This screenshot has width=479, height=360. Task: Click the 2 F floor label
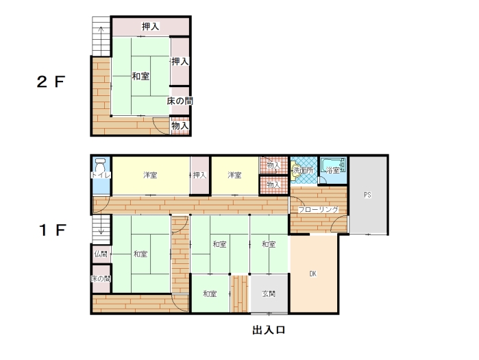click(x=51, y=82)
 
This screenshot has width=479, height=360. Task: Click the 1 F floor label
click(x=53, y=230)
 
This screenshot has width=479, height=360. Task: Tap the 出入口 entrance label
click(x=269, y=330)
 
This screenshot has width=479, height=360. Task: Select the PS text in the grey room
click(x=367, y=195)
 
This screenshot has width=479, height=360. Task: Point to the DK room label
click(x=312, y=274)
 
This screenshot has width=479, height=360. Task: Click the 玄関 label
click(x=269, y=293)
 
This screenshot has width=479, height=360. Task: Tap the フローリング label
click(x=318, y=210)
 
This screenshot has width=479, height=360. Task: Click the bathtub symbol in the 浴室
click(x=333, y=167)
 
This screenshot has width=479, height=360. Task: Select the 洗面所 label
click(x=303, y=170)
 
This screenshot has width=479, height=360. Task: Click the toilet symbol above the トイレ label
click(x=100, y=167)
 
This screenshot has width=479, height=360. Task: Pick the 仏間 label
click(x=101, y=254)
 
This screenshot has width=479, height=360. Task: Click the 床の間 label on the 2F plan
click(x=180, y=101)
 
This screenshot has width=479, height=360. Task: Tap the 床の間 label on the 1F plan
click(x=101, y=278)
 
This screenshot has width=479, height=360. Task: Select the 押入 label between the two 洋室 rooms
click(x=199, y=175)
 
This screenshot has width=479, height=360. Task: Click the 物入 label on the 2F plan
click(x=180, y=125)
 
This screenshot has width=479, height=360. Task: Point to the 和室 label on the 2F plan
click(x=140, y=76)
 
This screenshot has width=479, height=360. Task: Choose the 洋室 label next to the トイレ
click(x=150, y=175)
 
